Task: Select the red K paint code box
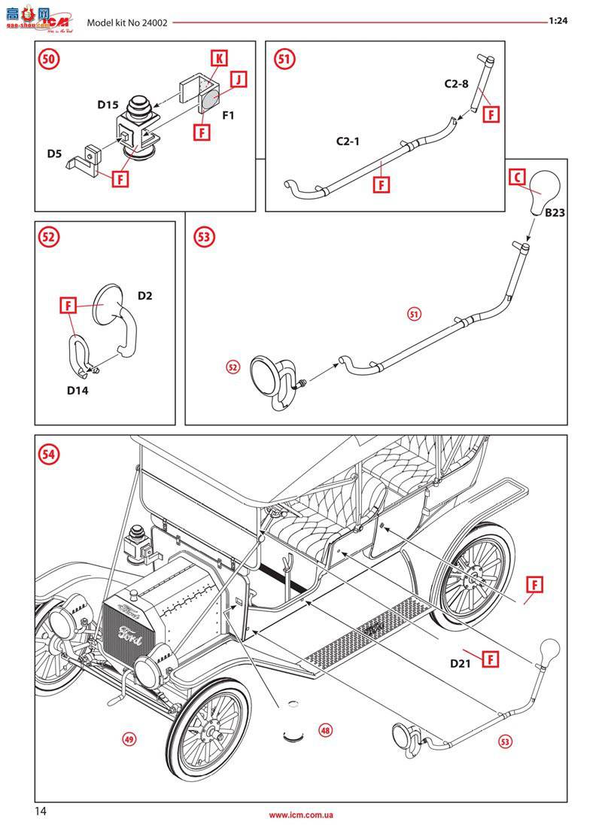(x=217, y=59)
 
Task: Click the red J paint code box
(x=238, y=79)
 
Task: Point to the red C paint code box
(x=517, y=177)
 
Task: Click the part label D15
(x=108, y=105)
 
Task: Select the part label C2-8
(x=456, y=84)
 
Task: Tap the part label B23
(x=555, y=213)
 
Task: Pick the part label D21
(x=460, y=663)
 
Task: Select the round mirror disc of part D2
(x=110, y=303)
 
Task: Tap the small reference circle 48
(x=325, y=729)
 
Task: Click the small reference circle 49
(x=129, y=739)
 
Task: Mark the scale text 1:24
(x=558, y=21)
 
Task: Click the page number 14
(x=41, y=811)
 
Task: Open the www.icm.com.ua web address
(x=301, y=815)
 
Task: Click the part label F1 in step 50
(x=228, y=116)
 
